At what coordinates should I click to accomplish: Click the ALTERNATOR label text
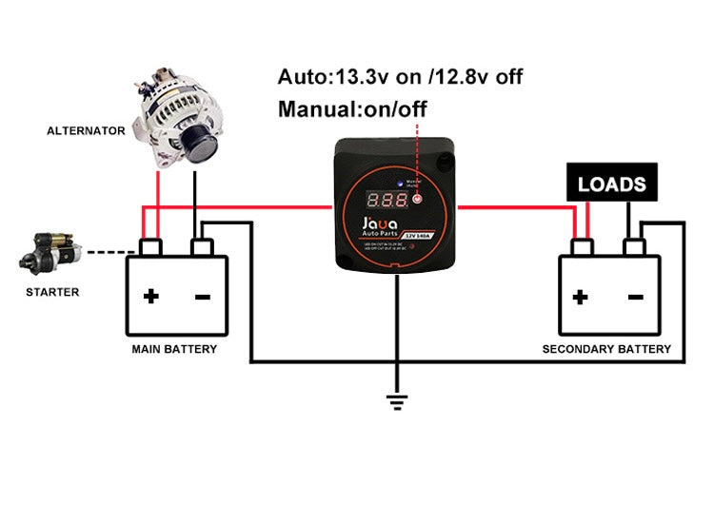point(86,130)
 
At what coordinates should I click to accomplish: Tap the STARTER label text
point(52,292)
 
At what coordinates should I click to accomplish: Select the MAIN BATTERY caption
point(174,349)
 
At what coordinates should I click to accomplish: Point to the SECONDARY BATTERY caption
point(606,349)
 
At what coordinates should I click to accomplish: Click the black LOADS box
point(611,184)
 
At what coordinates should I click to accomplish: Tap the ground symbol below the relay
point(397,401)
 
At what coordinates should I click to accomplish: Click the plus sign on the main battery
point(150,297)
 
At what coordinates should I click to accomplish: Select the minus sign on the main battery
point(203,297)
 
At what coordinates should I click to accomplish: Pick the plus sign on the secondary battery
point(580,297)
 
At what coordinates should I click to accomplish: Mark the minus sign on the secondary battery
point(635,297)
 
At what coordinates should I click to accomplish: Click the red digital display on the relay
point(390,202)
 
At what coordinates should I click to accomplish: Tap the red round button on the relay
point(416,201)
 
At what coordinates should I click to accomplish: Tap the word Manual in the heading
point(314,108)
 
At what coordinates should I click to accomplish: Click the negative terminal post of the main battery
point(201,246)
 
